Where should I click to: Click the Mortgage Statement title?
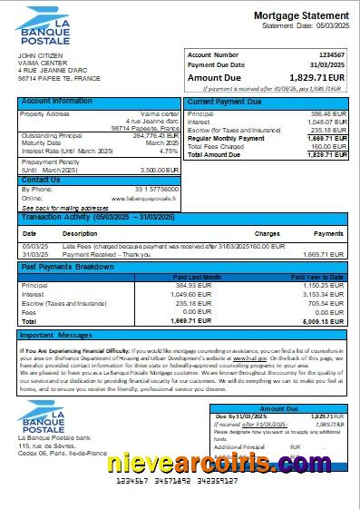coord(300,15)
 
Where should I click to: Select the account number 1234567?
coord(331,55)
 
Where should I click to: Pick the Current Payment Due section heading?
coord(224,101)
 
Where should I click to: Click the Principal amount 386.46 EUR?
coord(328,113)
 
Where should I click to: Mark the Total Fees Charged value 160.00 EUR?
coord(328,146)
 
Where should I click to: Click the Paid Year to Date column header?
coord(316,277)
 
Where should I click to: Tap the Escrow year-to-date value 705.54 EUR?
coord(329,303)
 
